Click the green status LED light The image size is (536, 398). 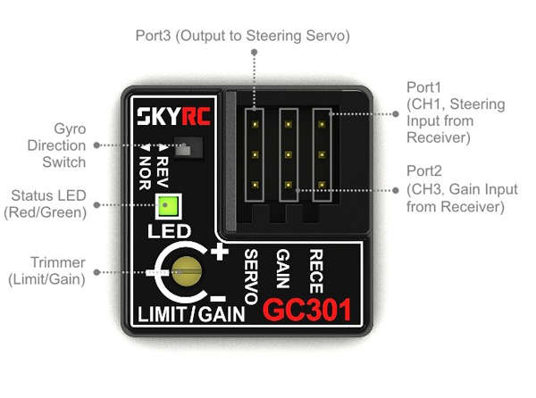(168, 206)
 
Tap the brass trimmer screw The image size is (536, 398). (187, 271)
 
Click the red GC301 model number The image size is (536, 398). (307, 310)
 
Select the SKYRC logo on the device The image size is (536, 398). (173, 116)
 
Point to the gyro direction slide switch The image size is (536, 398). (188, 147)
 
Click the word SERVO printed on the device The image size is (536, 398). (251, 276)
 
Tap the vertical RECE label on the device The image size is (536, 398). (316, 271)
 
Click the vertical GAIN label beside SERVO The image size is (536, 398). (283, 269)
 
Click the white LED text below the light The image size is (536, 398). (169, 231)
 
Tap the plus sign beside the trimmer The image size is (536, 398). (219, 252)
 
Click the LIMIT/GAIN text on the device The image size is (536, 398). (191, 314)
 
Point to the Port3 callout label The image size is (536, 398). (243, 36)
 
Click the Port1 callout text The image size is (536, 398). (456, 112)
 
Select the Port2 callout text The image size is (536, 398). (462, 189)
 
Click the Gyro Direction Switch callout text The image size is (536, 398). (57, 145)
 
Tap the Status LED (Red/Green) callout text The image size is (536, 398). (46, 204)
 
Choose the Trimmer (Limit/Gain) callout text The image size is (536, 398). (46, 271)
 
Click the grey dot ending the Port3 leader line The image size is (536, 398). (254, 53)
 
